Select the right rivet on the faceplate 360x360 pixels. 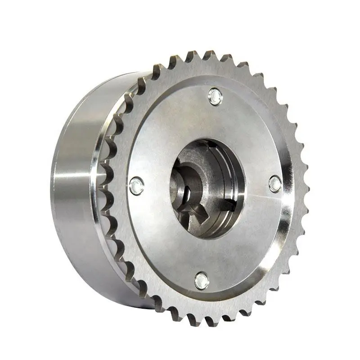coord(275,183)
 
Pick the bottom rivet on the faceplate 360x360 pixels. coord(201,281)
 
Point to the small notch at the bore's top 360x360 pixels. coord(208,143)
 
